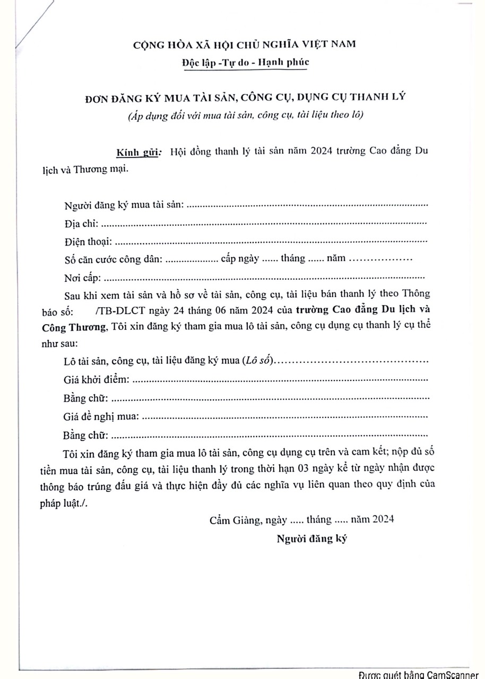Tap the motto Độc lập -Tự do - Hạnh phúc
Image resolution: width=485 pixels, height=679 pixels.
(x=244, y=63)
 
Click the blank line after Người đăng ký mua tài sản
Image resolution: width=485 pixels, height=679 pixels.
(x=307, y=205)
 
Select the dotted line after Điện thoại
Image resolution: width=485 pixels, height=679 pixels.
(x=271, y=242)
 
